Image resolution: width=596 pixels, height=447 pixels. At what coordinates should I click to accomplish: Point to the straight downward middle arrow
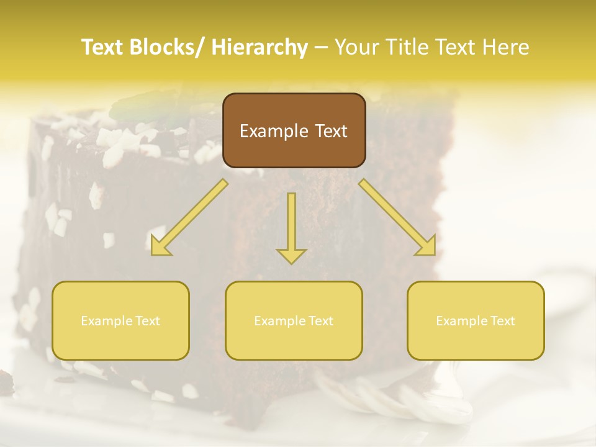[x=291, y=223]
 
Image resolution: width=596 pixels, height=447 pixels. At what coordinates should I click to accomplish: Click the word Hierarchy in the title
[x=260, y=47]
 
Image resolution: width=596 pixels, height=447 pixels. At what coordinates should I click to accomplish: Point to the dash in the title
[x=321, y=47]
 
